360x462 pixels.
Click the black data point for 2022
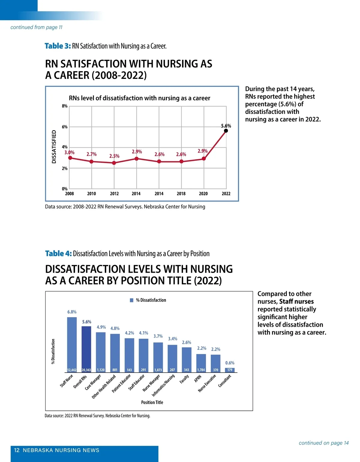pos(226,131)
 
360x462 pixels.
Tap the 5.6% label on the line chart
pos(226,126)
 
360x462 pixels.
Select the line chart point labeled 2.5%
pos(114,163)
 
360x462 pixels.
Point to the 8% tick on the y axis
pos(65,106)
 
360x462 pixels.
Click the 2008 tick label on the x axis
pos(69,194)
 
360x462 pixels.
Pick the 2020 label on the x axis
pos(203,194)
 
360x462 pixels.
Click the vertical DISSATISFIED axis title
pos(54,147)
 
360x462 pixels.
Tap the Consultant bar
pos(230,370)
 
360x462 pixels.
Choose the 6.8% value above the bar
pos(72,312)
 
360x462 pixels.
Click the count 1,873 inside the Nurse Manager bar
pos(158,370)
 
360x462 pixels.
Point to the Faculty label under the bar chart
pos(184,379)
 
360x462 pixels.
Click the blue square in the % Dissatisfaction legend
pos(132,300)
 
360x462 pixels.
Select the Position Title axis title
pos(152,403)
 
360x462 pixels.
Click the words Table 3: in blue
pos(58,46)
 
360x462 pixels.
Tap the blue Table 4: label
pos(58,254)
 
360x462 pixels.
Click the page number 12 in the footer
pos(17,450)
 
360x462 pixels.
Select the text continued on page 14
pos(324,443)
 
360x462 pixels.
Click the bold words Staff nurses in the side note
pos(296,301)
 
